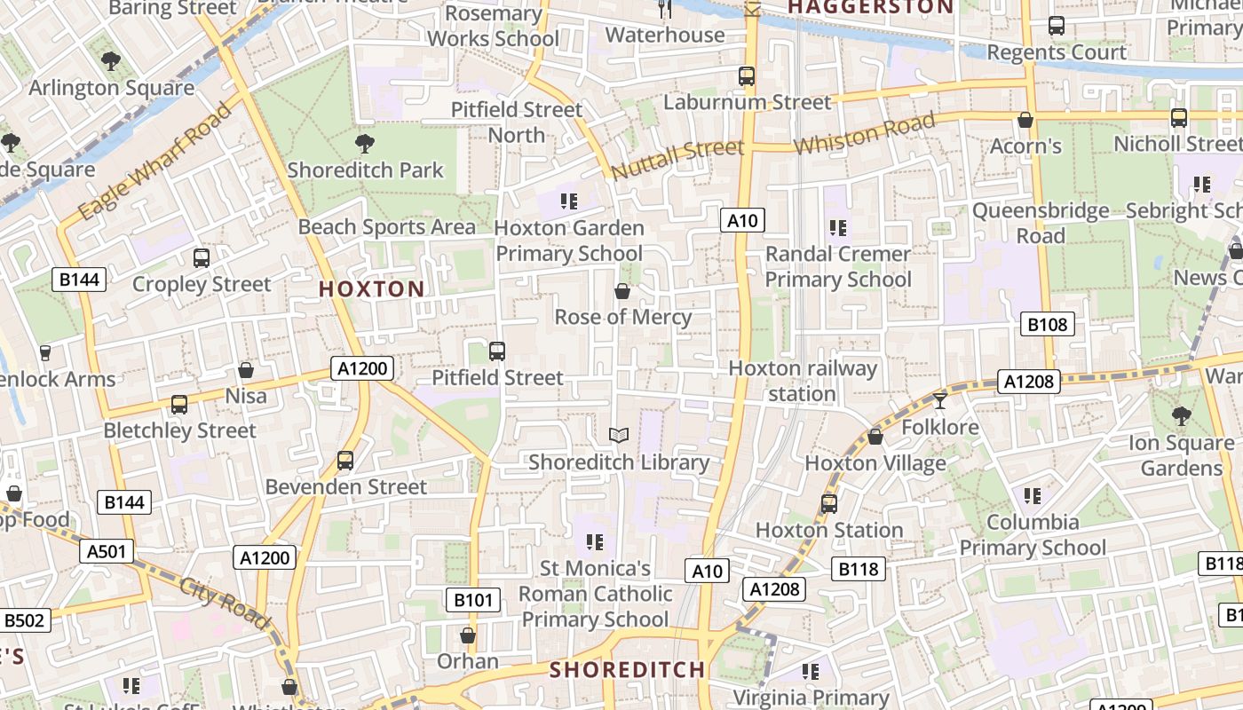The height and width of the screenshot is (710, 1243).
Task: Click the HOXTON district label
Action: point(371,288)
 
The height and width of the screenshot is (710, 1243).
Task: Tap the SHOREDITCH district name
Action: point(627,669)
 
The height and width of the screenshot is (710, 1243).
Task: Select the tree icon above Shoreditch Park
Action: point(364,144)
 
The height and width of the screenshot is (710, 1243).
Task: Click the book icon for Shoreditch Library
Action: point(619,435)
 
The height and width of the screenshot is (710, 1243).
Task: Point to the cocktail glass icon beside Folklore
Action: point(940,401)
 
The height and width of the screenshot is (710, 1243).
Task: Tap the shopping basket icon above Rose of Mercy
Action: point(622,291)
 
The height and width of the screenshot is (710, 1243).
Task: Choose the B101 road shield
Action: point(472,600)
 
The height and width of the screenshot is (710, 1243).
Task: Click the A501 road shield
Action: point(107,551)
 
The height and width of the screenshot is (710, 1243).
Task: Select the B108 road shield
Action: point(1047,324)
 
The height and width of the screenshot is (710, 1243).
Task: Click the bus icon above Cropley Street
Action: point(202,258)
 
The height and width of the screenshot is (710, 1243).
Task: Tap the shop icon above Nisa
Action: point(246,369)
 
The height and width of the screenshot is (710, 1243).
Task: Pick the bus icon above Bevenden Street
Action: point(345,461)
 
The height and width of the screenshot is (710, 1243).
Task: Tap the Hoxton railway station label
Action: point(803,381)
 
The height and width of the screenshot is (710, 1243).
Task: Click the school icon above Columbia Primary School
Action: point(1032,495)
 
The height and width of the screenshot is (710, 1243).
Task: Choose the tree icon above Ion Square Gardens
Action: point(1181,415)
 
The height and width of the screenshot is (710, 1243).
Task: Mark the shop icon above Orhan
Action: point(468,635)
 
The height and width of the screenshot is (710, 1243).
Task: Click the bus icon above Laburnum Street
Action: point(747,76)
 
